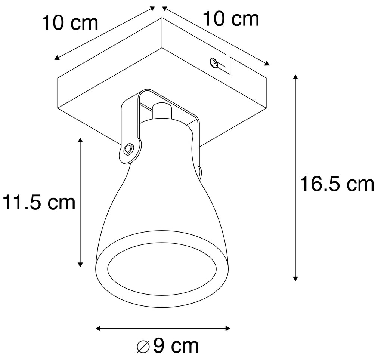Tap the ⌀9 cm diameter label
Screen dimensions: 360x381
168,346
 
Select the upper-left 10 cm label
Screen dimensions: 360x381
70,23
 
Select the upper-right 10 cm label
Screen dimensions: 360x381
230,19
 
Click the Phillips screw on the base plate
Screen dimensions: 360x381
214,62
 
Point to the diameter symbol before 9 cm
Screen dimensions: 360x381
144,347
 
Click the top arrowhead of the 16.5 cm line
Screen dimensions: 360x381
295,77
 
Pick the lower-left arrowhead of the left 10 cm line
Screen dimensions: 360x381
57,58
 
